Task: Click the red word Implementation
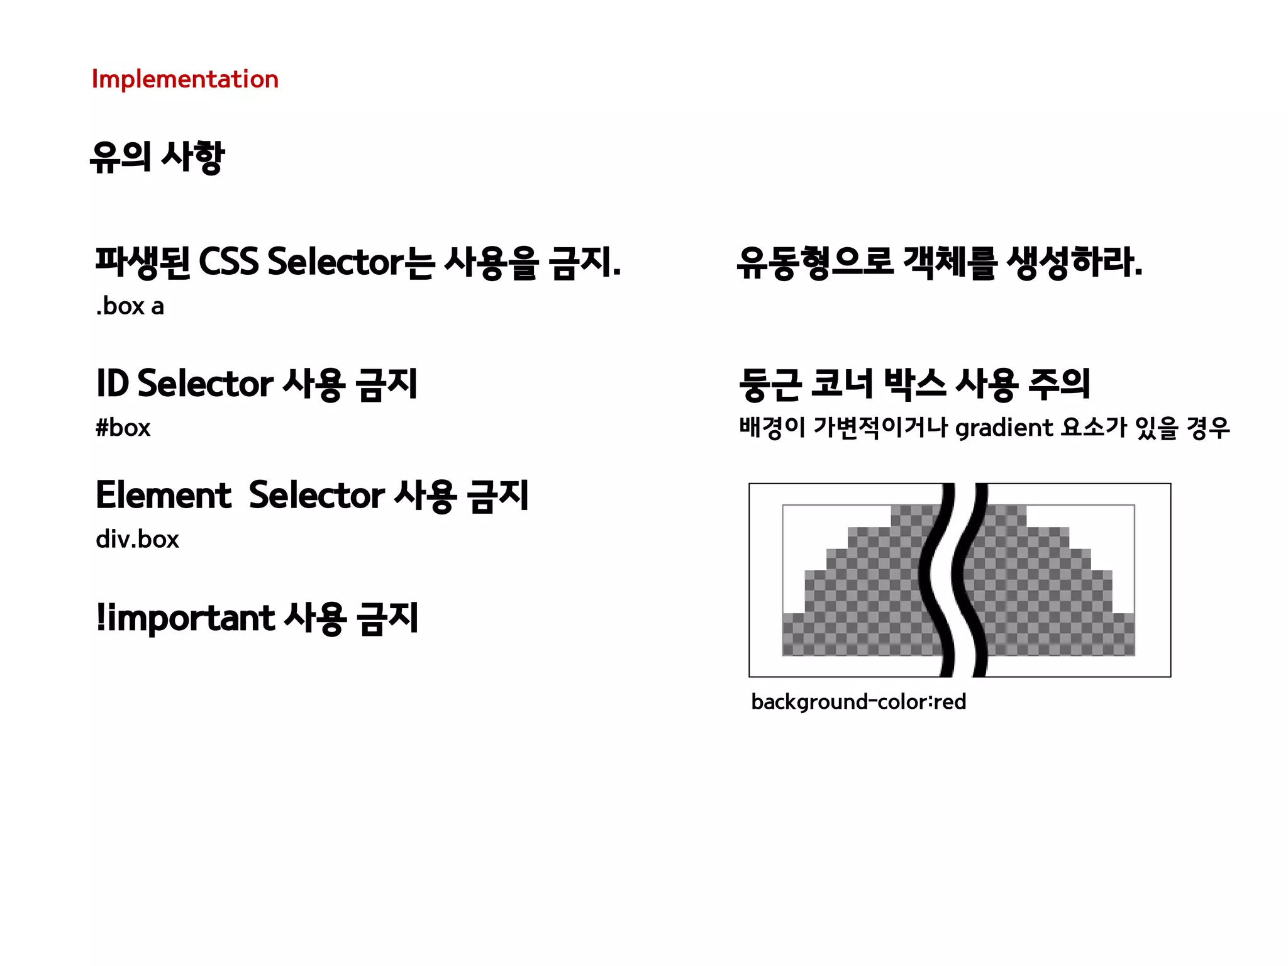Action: pos(185,80)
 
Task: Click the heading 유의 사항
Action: pos(157,157)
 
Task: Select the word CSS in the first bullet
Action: pos(228,262)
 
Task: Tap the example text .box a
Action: pos(130,306)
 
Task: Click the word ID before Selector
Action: pos(113,383)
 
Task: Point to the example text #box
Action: pos(123,428)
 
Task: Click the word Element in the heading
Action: pos(164,495)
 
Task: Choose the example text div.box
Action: pos(137,540)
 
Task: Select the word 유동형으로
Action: pos(815,262)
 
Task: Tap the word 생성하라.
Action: pos(1074,262)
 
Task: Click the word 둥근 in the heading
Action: pos(771,384)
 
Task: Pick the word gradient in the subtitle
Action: pos(1004,428)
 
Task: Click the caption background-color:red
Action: pos(858,702)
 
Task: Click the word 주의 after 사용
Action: pos(1059,384)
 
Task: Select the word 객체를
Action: pos(950,262)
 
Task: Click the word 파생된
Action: pos(143,262)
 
